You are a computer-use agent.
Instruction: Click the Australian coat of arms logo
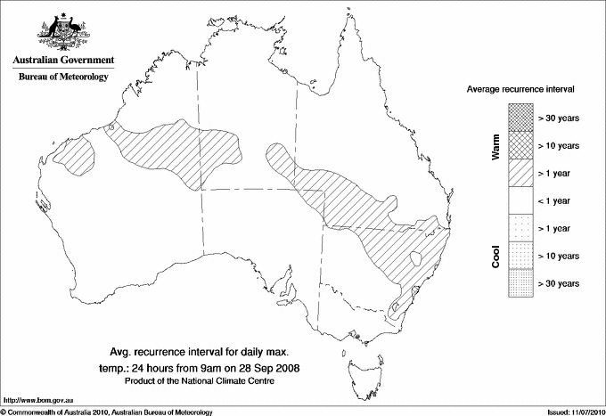coord(62,33)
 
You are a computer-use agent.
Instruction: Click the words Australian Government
coord(63,61)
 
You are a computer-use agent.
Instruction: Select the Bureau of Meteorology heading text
coord(63,77)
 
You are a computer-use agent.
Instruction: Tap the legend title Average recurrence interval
coord(520,90)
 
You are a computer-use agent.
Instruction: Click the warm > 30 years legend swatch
coord(520,118)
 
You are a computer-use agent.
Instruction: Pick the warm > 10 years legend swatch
coord(520,144)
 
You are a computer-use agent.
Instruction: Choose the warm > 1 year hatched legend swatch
coord(520,172)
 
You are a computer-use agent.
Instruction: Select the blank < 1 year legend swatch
coord(520,200)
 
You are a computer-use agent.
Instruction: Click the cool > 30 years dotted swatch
coord(520,282)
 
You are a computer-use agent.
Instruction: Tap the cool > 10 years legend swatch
coord(520,256)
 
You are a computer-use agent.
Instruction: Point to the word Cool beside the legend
coord(495,255)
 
